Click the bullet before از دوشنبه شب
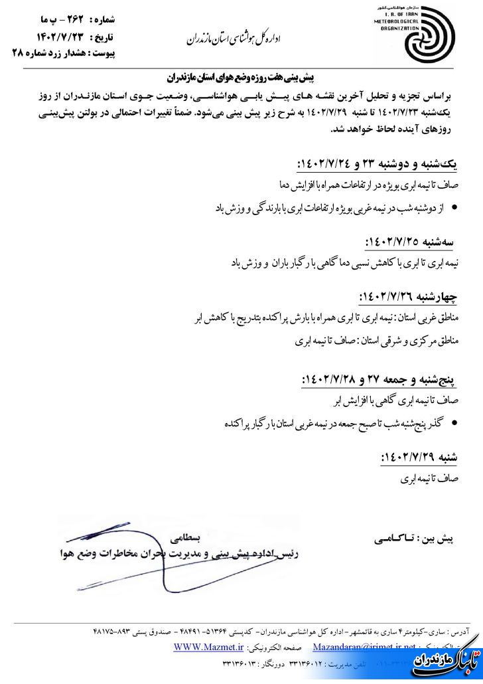454,209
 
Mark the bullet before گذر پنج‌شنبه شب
454,423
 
